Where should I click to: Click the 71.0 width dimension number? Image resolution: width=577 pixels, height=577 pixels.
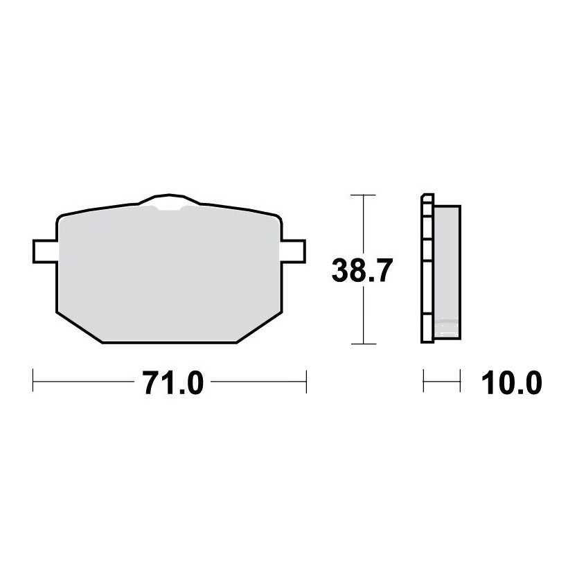[173, 383]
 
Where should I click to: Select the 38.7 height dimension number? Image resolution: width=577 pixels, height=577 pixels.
[362, 270]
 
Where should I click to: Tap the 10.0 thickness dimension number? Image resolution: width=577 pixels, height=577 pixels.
[511, 383]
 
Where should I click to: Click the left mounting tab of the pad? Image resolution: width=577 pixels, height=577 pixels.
[45, 251]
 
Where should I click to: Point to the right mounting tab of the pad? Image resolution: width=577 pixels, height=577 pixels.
[294, 251]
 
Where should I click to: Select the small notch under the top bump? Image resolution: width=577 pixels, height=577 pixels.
[169, 208]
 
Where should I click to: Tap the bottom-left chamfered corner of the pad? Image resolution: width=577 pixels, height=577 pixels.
[79, 328]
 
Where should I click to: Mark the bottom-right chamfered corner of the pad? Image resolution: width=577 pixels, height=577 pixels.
[259, 328]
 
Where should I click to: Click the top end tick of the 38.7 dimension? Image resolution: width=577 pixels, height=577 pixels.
[363, 195]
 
